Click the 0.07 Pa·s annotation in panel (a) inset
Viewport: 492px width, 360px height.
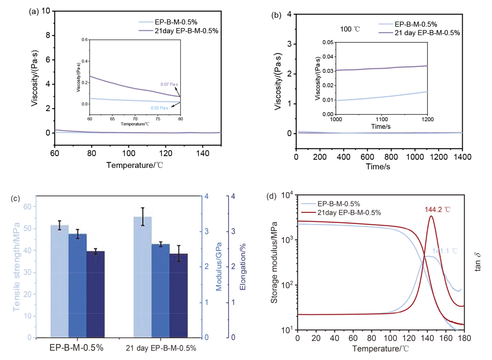169,84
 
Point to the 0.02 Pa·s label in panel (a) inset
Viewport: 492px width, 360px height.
159,108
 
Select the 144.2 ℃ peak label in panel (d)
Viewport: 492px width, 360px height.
437,210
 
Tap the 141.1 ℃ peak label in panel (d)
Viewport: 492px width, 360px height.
445,251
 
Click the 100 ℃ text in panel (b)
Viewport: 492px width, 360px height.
350,29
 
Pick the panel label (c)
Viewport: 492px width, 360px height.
15,198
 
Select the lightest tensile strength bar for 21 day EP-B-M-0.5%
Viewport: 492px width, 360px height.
143,277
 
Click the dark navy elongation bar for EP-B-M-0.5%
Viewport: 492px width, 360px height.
95,294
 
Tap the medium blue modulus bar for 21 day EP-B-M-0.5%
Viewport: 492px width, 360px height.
161,291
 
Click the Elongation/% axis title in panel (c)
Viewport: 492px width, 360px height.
242,267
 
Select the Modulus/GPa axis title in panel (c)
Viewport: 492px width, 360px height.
219,266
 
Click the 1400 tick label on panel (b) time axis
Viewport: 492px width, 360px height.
462,157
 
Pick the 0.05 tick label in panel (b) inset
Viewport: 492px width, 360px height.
328,42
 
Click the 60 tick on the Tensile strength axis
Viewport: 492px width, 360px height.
28,207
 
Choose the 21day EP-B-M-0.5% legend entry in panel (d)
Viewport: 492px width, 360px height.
341,213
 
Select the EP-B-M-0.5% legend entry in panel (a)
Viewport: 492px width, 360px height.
168,22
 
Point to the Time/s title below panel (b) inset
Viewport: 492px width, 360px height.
381,127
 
